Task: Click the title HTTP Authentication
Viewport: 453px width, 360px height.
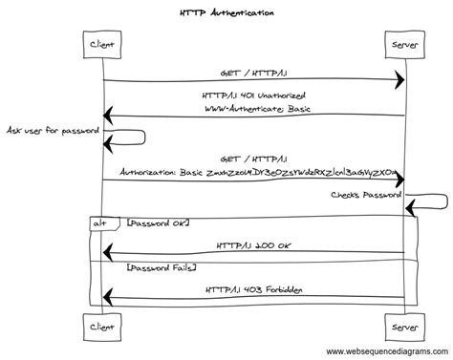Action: tap(226, 13)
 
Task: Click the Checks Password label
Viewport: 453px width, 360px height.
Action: tap(367, 195)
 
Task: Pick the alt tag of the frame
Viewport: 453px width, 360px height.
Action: tap(98, 222)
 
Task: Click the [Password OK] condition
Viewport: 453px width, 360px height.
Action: tap(158, 222)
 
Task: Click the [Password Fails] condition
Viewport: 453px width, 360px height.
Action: tap(161, 270)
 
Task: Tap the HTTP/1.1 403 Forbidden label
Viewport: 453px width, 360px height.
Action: tap(253, 289)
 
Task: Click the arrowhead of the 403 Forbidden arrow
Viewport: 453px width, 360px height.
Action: tap(107, 300)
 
